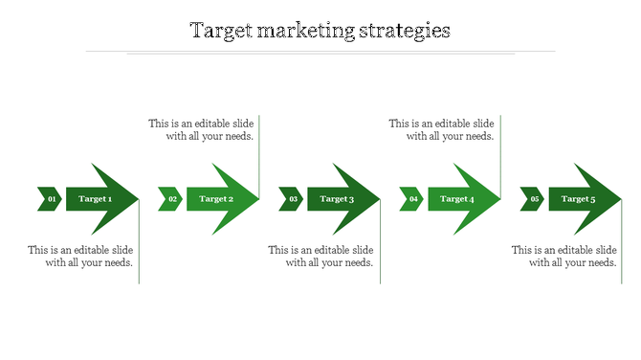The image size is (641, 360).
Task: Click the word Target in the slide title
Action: pyautogui.click(x=220, y=31)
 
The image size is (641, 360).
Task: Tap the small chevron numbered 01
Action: pyautogui.click(x=50, y=199)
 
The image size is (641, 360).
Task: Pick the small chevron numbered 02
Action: pyautogui.click(x=170, y=199)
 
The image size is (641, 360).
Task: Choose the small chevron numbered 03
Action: pyautogui.click(x=291, y=199)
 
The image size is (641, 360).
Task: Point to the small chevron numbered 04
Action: pyautogui.click(x=411, y=199)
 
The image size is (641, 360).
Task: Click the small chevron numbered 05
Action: pyautogui.click(x=532, y=199)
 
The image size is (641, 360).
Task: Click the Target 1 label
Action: pyautogui.click(x=95, y=199)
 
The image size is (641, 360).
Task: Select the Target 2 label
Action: pyautogui.click(x=215, y=199)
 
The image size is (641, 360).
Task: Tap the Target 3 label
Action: pyautogui.click(x=337, y=199)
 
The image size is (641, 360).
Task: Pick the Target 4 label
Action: pyautogui.click(x=456, y=199)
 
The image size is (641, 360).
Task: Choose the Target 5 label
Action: pyautogui.click(x=578, y=199)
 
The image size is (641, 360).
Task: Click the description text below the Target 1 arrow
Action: pyautogui.click(x=81, y=257)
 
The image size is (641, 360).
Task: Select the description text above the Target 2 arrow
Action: pyautogui.click(x=202, y=130)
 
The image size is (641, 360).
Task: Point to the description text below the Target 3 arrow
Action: pyautogui.click(x=321, y=257)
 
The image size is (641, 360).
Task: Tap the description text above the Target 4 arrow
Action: pyautogui.click(x=442, y=130)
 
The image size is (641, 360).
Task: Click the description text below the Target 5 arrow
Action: pyautogui.click(x=564, y=257)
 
